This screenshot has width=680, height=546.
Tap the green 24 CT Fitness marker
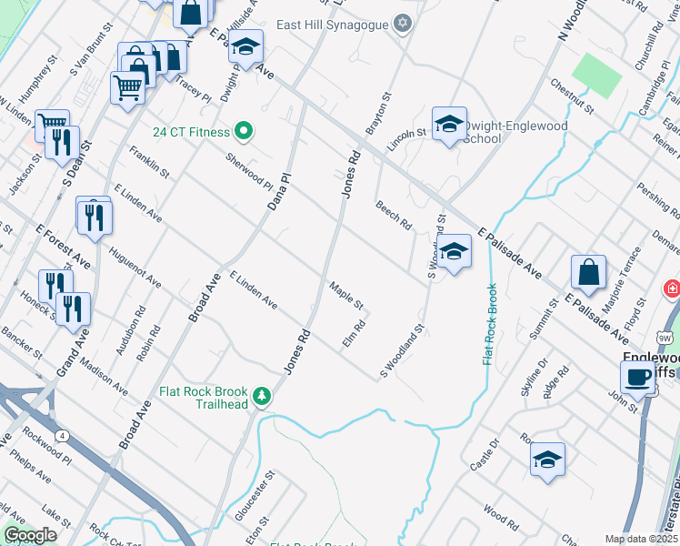click(x=243, y=132)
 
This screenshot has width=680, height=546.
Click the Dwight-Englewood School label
click(x=514, y=132)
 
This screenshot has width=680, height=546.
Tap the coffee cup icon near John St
click(x=637, y=377)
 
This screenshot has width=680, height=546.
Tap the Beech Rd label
click(x=394, y=216)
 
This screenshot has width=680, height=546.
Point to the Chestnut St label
click(x=572, y=96)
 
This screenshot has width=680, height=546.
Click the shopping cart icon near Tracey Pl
click(x=128, y=88)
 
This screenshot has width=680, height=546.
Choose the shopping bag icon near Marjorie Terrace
click(x=588, y=271)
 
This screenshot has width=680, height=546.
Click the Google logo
click(x=31, y=535)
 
